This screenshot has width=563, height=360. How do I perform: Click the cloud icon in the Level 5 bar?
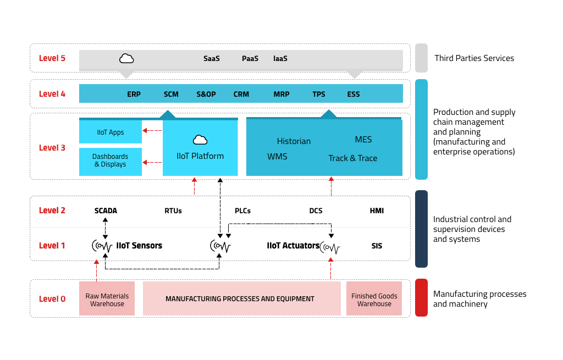pos(126,58)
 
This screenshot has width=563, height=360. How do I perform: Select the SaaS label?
pos(212,58)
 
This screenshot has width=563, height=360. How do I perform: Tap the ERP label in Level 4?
pos(134,94)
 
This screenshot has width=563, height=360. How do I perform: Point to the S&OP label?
pos(206,94)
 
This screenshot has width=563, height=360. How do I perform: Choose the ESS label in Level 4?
pos(354,94)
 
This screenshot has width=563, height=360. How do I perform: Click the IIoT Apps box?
pos(110,132)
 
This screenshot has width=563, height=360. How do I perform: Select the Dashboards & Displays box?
pos(110,162)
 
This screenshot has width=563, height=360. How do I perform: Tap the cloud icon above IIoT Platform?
pos(200,140)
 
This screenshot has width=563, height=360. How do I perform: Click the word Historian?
pos(294,141)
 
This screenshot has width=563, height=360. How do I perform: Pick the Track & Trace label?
pos(352,158)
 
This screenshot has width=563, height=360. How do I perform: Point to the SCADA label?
pos(106,211)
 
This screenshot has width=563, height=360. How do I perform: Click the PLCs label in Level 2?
pos(242,211)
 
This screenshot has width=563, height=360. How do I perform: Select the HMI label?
pos(377,211)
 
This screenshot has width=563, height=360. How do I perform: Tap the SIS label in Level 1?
pos(377,246)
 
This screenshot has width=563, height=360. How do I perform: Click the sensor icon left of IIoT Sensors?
pos(102,246)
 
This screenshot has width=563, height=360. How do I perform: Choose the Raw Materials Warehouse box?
pos(107,298)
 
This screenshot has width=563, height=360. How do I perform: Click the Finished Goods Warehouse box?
pos(374,298)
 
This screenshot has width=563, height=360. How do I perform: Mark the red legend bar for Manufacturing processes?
pos(421,297)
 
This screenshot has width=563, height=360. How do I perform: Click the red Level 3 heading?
pos(52,147)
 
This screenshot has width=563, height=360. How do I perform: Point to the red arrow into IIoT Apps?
pos(152,130)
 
